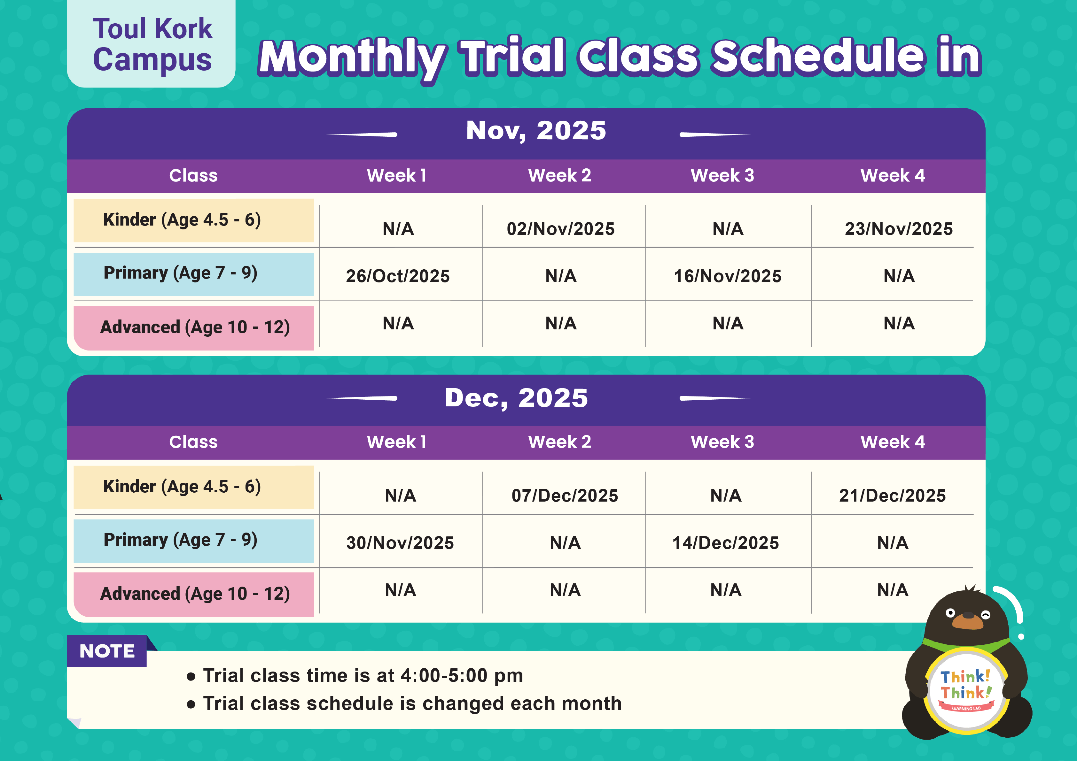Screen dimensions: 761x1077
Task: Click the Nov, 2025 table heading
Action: (536, 130)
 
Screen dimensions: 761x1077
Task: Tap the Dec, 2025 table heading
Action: (516, 398)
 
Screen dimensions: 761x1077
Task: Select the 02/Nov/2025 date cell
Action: (560, 229)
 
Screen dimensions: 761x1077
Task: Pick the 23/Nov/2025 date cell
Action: (898, 229)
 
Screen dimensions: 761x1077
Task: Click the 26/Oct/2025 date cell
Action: (398, 276)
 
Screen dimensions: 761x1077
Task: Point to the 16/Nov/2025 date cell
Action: (728, 276)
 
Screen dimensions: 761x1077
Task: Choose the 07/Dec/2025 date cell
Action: (565, 496)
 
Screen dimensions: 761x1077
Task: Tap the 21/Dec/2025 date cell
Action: (892, 496)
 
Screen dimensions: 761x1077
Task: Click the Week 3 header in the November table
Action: (722, 176)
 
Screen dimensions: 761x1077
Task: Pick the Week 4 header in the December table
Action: (893, 442)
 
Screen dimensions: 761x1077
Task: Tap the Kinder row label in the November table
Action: (182, 220)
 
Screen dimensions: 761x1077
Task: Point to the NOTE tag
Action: (107, 651)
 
